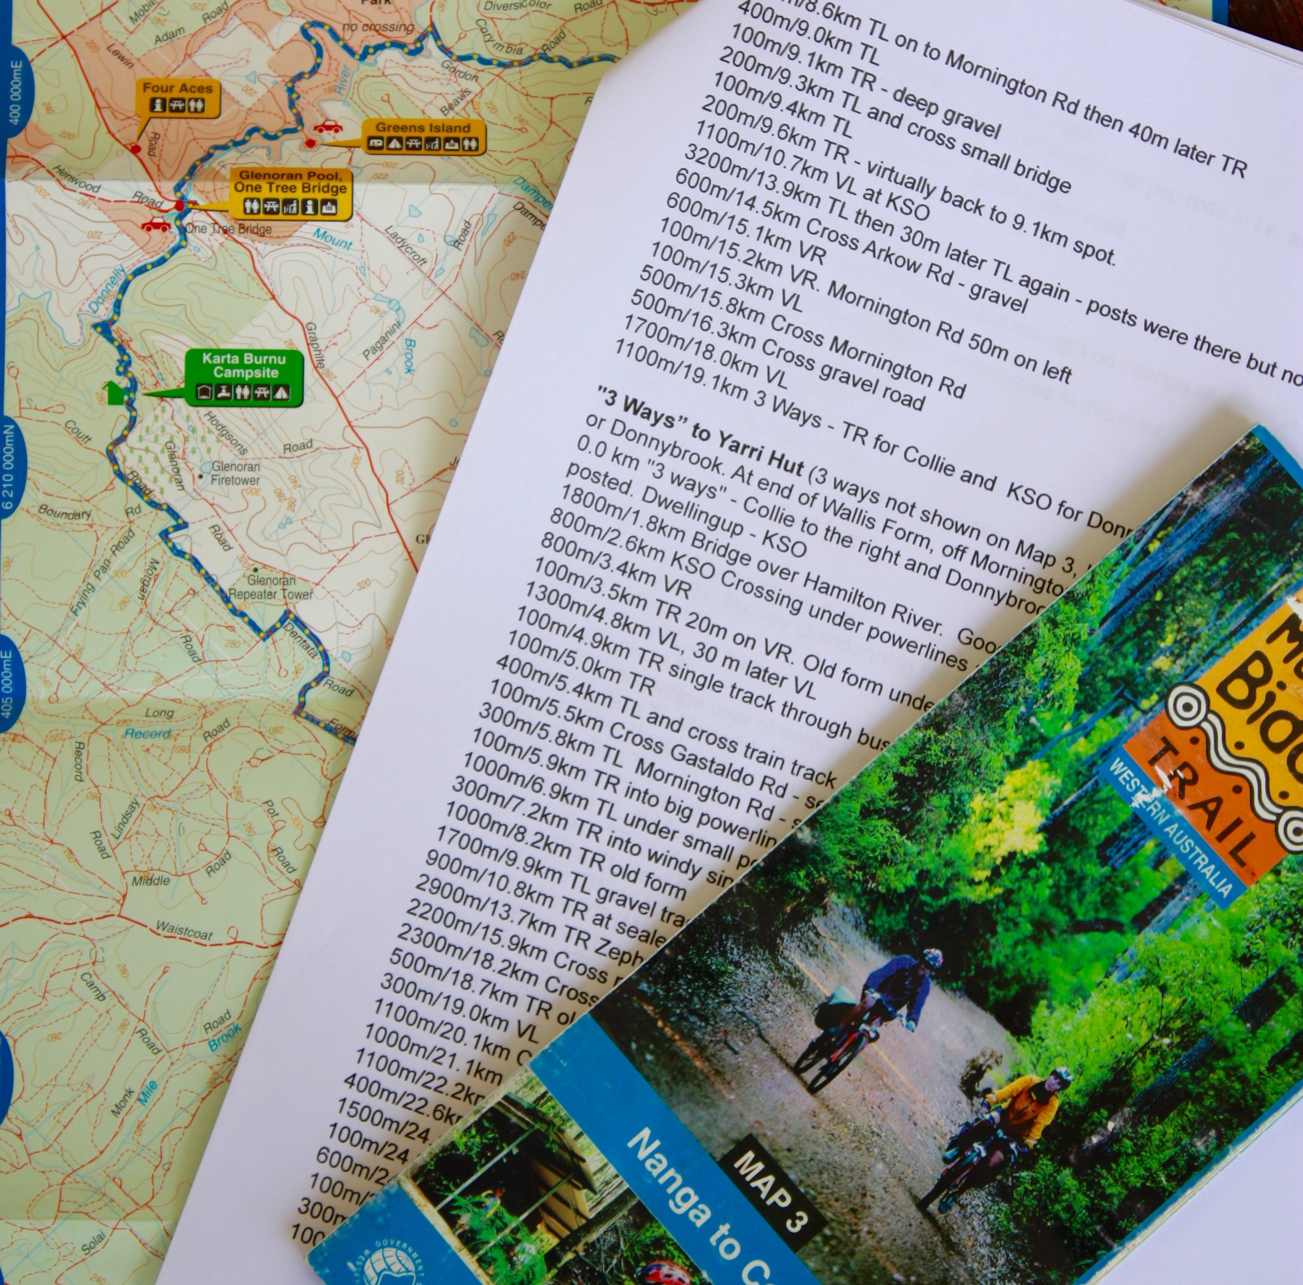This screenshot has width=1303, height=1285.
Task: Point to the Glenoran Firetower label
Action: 235,473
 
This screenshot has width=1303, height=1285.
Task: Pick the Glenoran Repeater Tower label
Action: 271,587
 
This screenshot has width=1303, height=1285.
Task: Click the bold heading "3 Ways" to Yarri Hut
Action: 701,437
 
